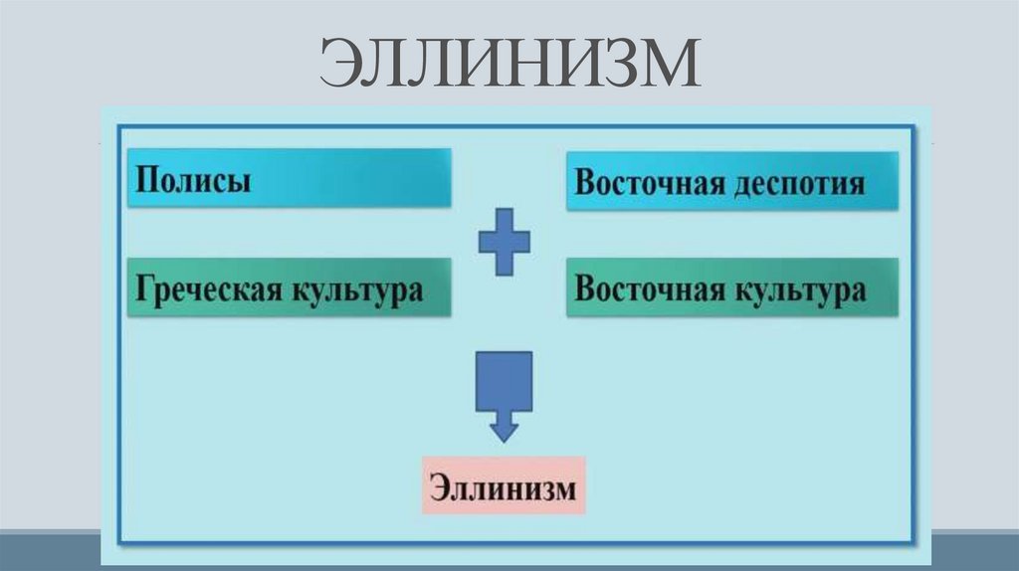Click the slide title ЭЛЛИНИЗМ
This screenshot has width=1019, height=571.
(510, 66)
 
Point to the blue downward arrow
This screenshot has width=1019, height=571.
(505, 394)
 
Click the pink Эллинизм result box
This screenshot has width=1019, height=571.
(503, 485)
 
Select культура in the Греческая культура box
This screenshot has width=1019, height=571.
(356, 290)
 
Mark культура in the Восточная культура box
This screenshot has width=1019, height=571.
(798, 290)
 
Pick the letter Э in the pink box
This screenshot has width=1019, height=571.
(440, 486)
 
